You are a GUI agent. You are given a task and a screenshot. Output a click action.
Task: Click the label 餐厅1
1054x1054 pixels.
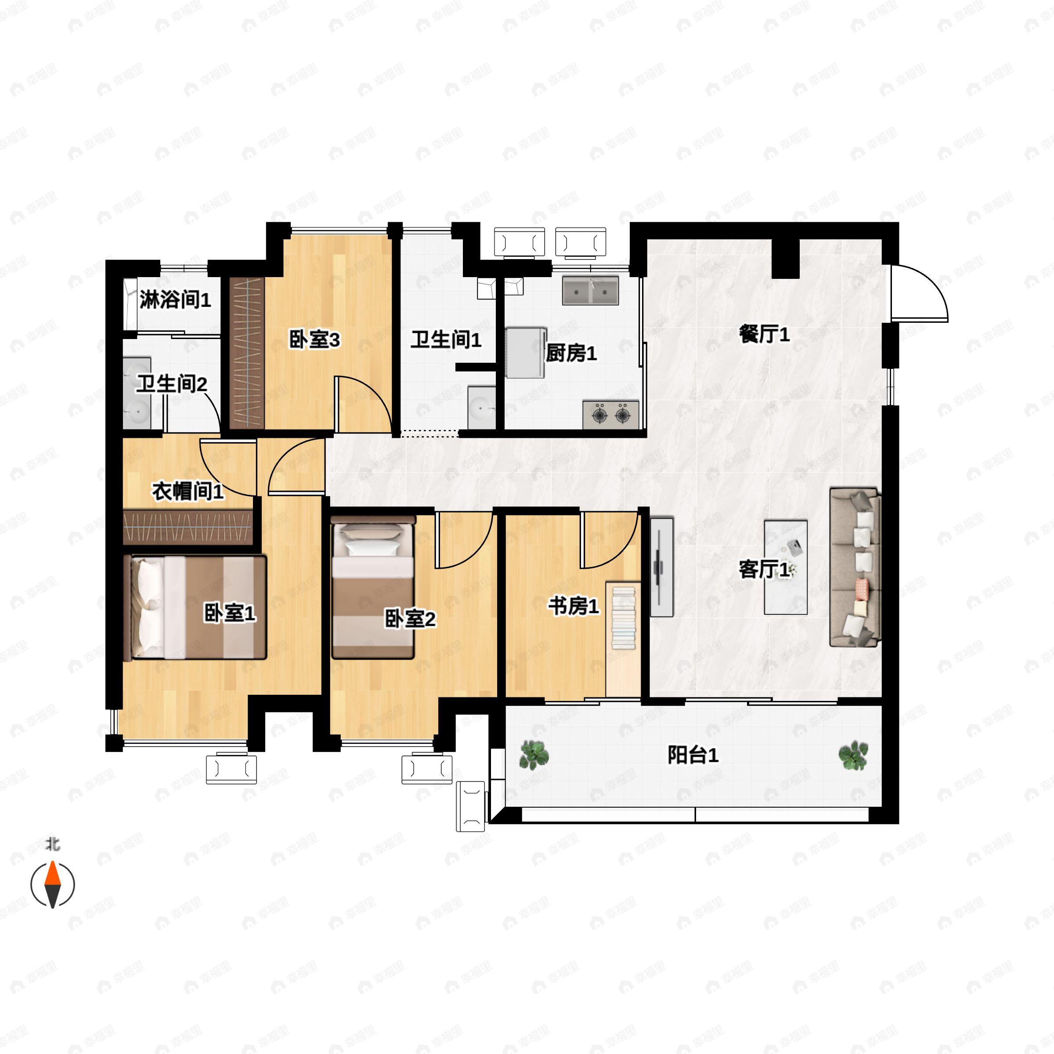764,334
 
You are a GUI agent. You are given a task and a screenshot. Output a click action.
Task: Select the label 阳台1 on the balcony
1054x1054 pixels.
693,755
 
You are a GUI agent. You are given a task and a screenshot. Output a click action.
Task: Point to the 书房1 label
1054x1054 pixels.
574,606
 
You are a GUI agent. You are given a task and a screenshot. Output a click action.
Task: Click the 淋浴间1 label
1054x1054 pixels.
175,300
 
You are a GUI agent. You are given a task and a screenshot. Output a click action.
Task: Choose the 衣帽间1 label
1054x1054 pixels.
188,491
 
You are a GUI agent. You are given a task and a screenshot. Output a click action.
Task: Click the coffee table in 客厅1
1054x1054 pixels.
786,567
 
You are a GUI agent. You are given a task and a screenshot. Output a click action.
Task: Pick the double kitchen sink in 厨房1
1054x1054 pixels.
591,290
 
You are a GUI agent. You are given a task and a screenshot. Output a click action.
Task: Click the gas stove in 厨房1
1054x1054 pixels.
611,415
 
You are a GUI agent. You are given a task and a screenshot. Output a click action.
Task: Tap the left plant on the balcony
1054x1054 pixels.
534,755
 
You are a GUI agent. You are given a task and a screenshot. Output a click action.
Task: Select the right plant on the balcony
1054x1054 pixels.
853,755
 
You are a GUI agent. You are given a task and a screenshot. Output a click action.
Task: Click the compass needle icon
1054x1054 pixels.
52,884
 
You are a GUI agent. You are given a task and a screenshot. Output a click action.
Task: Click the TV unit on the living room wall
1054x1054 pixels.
662,567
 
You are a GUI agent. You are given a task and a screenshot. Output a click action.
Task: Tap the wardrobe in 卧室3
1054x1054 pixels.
246,353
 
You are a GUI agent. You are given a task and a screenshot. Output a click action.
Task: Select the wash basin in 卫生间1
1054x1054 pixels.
481,408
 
